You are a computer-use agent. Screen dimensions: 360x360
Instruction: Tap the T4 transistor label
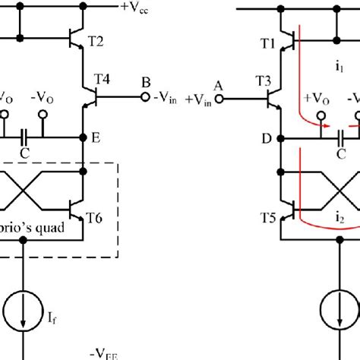point(103,78)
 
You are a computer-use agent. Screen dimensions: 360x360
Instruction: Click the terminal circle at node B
point(142,97)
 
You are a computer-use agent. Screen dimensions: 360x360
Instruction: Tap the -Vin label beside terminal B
point(163,99)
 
